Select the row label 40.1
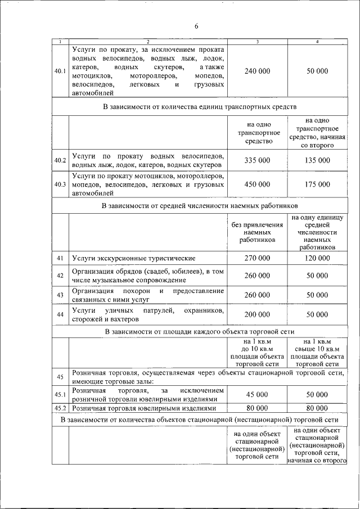tap(60, 71)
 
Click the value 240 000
tap(258, 71)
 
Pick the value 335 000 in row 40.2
tap(258, 160)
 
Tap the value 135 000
tap(317, 160)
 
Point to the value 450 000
tap(258, 184)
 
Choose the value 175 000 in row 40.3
tap(317, 184)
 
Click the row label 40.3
tap(60, 184)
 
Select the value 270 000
tap(258, 258)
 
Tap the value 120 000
tap(317, 258)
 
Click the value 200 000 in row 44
tap(258, 314)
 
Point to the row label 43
tap(60, 295)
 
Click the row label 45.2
tap(60, 408)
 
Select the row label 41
tap(60, 258)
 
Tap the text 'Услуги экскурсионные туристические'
tap(134, 258)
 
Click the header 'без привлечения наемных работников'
tap(258, 231)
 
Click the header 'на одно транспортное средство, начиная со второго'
tap(317, 133)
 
